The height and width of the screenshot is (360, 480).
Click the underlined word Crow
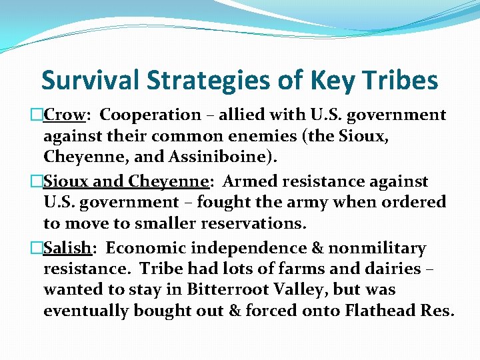point(65,115)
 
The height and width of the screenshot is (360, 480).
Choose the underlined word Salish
point(67,248)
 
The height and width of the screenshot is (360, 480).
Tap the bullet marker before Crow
point(37,115)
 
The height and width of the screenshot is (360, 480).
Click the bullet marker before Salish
point(37,249)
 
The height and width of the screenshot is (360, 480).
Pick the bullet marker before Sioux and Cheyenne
point(37,182)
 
